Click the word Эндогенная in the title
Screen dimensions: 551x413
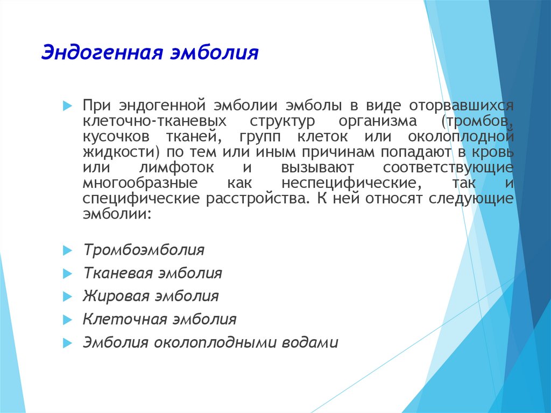[102, 53]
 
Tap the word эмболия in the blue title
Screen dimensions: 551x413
[214, 53]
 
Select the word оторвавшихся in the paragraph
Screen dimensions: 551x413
[461, 106]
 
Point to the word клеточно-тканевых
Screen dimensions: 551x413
[154, 121]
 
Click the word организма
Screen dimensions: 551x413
[378, 121]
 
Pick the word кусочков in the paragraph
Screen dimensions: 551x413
[116, 136]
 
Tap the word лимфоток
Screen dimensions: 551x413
[176, 167]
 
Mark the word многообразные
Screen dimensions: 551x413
[140, 183]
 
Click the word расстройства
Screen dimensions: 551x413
[258, 198]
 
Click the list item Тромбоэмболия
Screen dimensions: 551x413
[144, 250]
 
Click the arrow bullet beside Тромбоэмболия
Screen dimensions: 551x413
[67, 250]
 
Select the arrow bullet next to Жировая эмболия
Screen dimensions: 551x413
[67, 297]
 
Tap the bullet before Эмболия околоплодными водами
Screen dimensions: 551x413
[67, 344]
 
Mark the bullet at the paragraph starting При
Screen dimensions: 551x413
[67, 106]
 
